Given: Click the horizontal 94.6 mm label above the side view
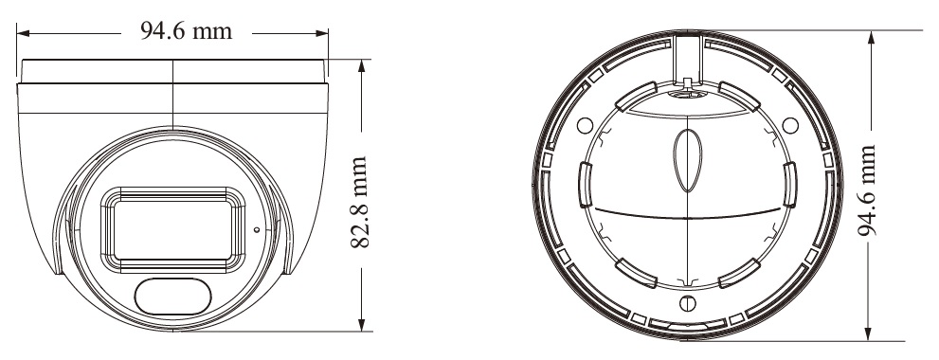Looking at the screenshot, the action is coord(187,30).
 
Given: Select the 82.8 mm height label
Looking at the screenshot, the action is coord(358,203).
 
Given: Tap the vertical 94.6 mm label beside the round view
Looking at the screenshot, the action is coord(867,190).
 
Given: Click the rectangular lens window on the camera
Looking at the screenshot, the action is coord(172,230).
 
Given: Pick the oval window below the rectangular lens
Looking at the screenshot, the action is coord(173,297).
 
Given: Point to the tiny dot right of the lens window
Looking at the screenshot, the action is coord(257,229).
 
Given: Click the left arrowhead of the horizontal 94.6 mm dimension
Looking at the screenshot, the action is coord(24,33).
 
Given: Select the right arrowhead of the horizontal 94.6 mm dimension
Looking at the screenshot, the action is coord(321,33).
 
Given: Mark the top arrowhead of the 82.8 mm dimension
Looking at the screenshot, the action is coord(362,66).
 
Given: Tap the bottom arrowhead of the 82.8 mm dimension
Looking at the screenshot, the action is coord(362,324).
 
